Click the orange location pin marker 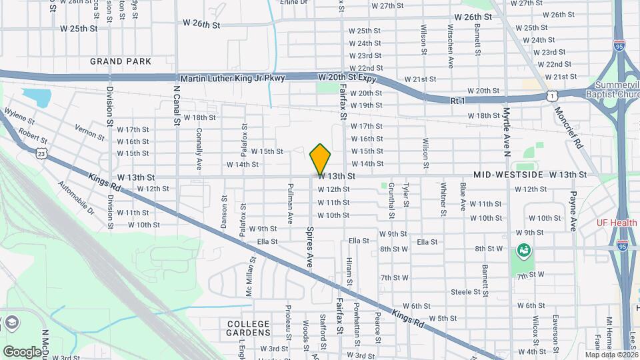point(321,159)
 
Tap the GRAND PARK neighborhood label point(121,61)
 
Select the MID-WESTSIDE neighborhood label point(508,175)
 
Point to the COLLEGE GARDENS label point(249,327)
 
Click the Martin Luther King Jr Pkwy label point(233,78)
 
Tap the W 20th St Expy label point(347,78)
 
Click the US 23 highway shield point(41,153)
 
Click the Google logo point(22,351)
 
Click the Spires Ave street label point(310,247)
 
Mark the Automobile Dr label point(76,198)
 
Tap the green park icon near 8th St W point(523,251)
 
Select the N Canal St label point(177,105)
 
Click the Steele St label point(465,292)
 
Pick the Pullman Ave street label point(290,203)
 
